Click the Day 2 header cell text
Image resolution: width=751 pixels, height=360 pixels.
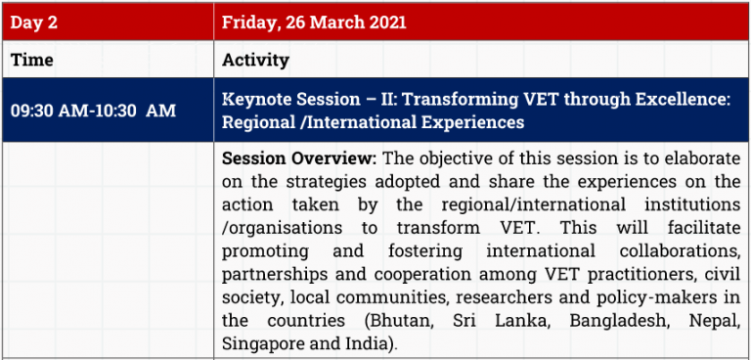pos(33,22)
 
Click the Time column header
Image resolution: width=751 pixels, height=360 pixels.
pos(31,60)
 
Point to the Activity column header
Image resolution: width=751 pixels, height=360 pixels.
pos(255,61)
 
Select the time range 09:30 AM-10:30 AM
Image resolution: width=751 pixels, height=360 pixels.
pos(94,111)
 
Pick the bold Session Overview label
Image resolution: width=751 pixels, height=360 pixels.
pos(299,158)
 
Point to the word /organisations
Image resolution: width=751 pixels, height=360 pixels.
pos(282,228)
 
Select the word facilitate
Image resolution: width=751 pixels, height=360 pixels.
pos(705,228)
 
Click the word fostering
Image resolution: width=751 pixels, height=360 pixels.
pos(424,251)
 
